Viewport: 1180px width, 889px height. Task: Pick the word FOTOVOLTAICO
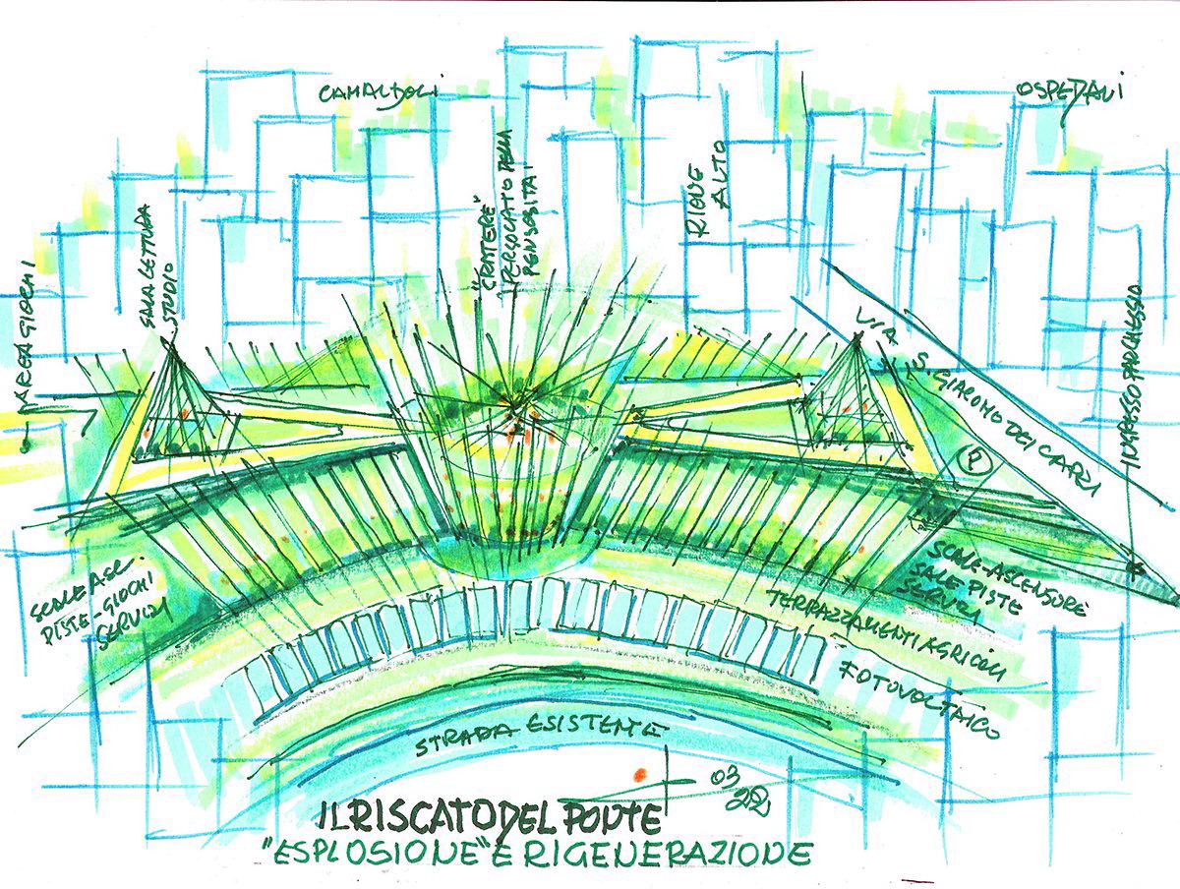point(921,700)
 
